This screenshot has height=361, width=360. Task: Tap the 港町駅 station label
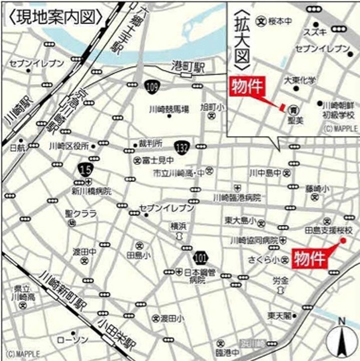[188, 66]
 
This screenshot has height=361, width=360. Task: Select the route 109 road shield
[152, 87]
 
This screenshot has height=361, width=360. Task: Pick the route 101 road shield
[200, 257]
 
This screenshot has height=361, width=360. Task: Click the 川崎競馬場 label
[168, 109]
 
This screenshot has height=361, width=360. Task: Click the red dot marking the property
[343, 241]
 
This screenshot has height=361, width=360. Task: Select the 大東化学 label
[300, 80]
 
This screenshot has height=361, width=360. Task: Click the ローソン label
[72, 340]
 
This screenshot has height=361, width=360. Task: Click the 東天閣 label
[279, 316]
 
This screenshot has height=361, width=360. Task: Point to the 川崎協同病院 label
[254, 240]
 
